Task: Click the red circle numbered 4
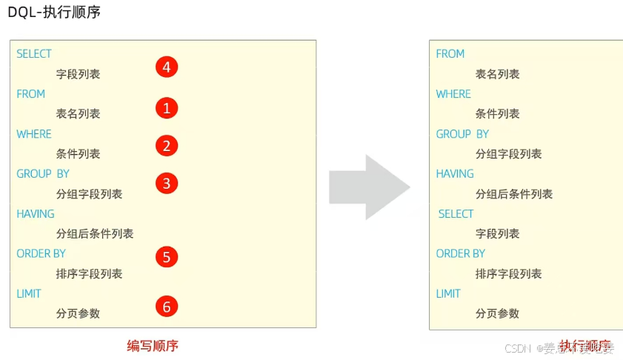pos(167,67)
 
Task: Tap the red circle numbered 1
pos(167,108)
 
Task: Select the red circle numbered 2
pos(167,146)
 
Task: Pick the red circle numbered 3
pos(167,183)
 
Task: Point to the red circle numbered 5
pos(167,257)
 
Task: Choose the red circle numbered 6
pos(167,306)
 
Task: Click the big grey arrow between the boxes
pos(369,187)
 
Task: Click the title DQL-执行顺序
pos(54,13)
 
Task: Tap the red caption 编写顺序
pos(153,346)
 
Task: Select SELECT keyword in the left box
pos(34,54)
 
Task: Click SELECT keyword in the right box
pos(456,214)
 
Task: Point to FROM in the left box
pos(31,94)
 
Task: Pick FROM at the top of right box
pos(450,54)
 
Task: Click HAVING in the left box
pos(36,214)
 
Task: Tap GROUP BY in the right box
pos(462,134)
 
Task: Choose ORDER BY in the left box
pos(41,254)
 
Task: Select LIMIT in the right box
pos(448,294)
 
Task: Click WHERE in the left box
pos(34,134)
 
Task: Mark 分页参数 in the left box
pos(78,313)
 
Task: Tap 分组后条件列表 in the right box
pos(514,194)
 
